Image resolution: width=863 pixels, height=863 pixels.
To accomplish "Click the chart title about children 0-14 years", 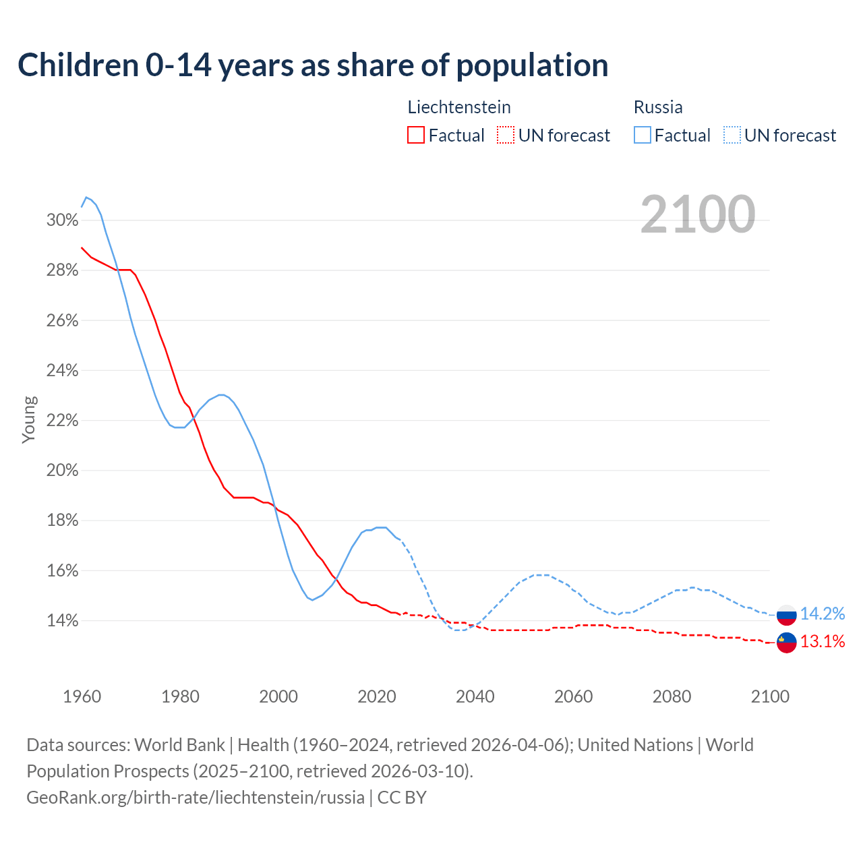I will pos(313,65).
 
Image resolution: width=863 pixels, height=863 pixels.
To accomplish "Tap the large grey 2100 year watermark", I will pos(697,214).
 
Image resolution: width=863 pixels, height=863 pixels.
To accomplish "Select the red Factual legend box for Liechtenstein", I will pos(416,136).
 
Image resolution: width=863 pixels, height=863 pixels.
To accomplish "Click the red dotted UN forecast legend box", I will pos(506,136).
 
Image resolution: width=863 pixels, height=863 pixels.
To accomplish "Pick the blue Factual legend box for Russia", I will pos(643,136).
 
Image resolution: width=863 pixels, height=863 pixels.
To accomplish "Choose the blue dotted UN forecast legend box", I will pos(732,136).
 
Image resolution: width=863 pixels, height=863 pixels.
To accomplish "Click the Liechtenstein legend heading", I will pos(459,107).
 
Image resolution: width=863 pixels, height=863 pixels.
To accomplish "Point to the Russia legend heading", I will pos(658,107).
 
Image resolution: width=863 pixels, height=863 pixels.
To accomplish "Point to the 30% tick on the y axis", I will pos(62,220).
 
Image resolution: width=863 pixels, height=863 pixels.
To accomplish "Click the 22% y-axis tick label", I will pos(62,421).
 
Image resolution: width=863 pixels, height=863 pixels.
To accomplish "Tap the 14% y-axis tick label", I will pos(62,621).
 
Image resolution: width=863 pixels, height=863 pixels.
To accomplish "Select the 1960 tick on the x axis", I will pos(82,696).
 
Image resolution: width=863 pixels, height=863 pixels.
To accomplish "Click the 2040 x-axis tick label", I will pos(475,696).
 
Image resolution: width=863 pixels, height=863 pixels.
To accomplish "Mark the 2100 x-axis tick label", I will pos(770,696).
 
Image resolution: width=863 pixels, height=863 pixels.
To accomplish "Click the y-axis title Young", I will pos(29,419).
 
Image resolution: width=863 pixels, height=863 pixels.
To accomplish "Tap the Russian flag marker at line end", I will pos(787,615).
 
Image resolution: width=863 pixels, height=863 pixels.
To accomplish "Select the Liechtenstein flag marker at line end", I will pos(787,643).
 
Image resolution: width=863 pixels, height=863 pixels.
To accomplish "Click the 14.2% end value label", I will pos(823,614).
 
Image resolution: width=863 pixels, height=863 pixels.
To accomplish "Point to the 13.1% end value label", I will pos(823,642).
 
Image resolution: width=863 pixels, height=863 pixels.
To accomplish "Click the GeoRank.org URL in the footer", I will pos(196,798).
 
